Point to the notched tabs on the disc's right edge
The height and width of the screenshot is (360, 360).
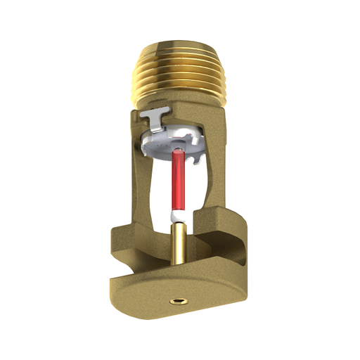(202, 144)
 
